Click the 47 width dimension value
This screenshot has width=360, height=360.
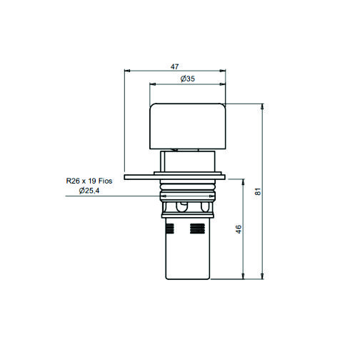[174, 66]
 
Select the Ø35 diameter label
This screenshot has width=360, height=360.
[188, 79]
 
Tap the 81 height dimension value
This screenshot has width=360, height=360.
[258, 191]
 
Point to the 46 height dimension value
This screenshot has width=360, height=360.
[238, 229]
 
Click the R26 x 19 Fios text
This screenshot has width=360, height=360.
[89, 181]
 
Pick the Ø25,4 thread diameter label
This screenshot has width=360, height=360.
[89, 191]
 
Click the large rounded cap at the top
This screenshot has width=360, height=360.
[187, 126]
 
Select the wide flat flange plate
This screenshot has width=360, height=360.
[175, 177]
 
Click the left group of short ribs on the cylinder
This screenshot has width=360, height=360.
[171, 229]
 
